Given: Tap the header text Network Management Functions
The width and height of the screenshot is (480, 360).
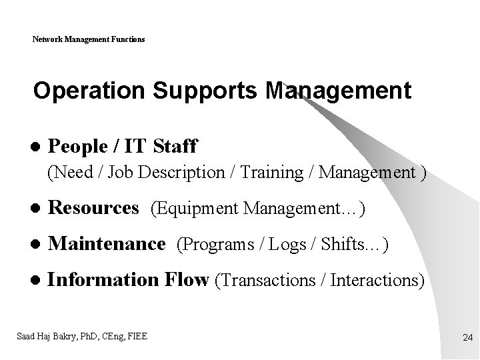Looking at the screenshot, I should tap(89, 39).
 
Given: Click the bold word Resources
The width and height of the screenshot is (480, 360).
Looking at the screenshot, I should tap(94, 208).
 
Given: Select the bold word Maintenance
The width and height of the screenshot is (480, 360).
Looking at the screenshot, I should tap(107, 244).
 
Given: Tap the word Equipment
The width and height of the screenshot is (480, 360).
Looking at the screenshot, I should tap(197, 209).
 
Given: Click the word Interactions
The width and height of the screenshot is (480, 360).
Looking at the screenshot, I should tap(377, 281).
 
